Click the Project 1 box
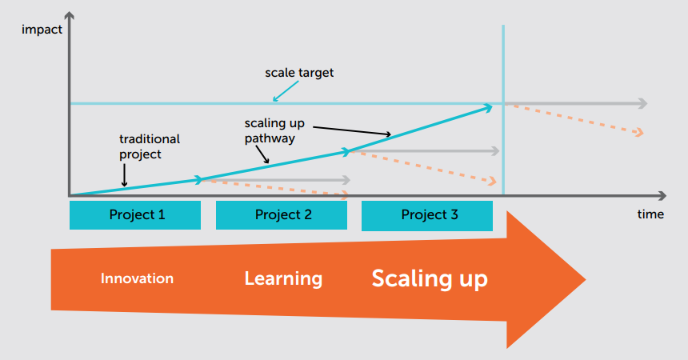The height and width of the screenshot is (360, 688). coord(135,215)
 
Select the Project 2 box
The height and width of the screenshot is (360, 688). coord(282,215)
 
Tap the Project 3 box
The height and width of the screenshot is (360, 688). coord(427,215)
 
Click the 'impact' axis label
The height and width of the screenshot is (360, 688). coord(42,30)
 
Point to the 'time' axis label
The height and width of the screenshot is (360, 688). coord(650,214)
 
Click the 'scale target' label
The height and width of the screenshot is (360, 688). coord(299,73)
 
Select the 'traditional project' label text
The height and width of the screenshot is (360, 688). coord(150,146)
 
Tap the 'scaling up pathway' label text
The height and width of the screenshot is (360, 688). coord(274,131)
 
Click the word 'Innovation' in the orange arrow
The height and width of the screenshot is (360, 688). coord(137,278)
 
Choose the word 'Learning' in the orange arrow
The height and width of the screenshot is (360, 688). coord(283,278)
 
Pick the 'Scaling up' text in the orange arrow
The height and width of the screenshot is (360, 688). coord(430,278)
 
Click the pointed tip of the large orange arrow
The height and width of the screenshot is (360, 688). coord(586,279)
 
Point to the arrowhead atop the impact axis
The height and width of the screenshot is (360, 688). coord(69,16)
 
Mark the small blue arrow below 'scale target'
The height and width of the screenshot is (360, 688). coord(286,91)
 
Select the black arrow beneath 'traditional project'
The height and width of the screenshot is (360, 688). coord(124,175)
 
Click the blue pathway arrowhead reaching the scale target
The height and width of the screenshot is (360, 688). coord(487,107)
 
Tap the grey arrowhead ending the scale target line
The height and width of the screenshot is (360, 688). coord(643,104)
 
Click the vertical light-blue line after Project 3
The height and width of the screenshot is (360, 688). coord(503,110)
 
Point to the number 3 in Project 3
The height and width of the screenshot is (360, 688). coord(454,214)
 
